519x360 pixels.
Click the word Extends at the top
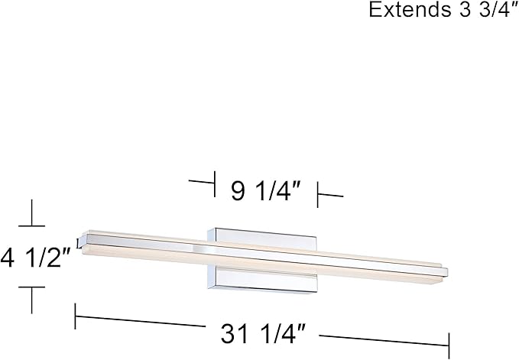(x=410, y=10)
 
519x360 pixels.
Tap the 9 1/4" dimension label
(x=265, y=191)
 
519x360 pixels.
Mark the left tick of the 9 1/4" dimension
(x=215, y=184)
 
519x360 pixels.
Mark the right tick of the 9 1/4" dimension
(x=317, y=195)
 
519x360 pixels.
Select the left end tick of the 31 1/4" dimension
(x=76, y=316)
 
